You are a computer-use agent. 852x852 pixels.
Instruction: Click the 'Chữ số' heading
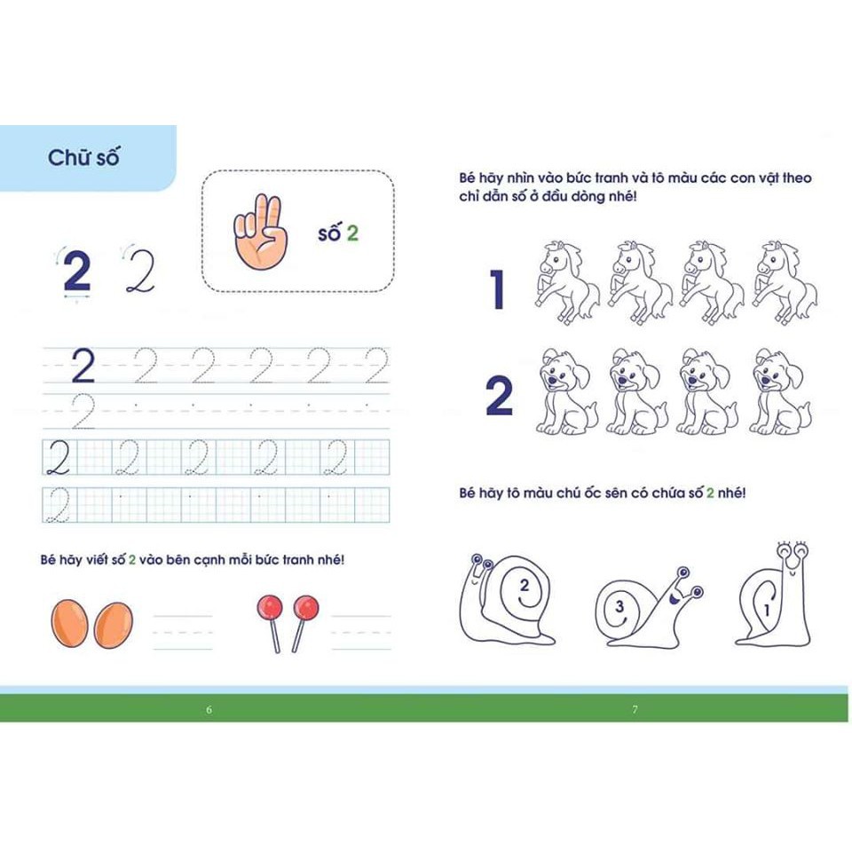click(x=83, y=158)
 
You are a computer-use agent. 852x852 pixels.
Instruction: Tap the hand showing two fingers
click(x=258, y=233)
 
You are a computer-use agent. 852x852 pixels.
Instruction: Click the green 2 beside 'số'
click(x=352, y=233)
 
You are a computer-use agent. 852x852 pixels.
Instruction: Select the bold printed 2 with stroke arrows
click(x=77, y=272)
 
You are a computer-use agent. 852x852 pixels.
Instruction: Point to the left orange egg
click(x=69, y=623)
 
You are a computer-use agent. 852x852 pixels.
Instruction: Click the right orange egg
click(x=113, y=625)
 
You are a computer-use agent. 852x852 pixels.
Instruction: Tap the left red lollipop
click(x=270, y=609)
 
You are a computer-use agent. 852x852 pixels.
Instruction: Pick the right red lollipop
click(x=305, y=609)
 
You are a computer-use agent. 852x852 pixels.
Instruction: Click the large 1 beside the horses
click(x=498, y=289)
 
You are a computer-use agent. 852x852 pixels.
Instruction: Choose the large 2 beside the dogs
click(x=499, y=398)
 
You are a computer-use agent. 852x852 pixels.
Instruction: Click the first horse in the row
click(x=565, y=280)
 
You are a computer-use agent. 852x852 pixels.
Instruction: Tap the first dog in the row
click(x=566, y=390)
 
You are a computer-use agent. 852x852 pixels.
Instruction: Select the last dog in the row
click(x=778, y=390)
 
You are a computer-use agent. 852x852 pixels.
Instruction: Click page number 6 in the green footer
click(x=209, y=709)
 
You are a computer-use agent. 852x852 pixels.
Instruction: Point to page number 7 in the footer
click(x=635, y=709)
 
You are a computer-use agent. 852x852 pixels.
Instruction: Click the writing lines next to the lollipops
click(x=360, y=632)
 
